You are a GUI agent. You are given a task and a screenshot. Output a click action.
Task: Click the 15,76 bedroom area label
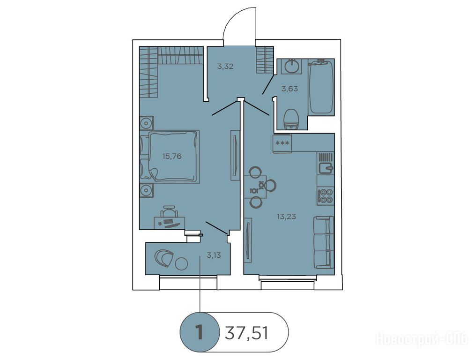point(172,157)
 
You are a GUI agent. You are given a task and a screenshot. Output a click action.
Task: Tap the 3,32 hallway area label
point(225,67)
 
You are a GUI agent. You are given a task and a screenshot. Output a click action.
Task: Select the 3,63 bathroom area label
point(289,89)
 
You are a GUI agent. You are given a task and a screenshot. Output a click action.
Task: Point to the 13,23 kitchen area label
point(286,217)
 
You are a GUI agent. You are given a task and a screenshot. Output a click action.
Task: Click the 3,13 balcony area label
point(214,255)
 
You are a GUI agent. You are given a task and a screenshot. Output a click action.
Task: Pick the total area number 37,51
point(246,333)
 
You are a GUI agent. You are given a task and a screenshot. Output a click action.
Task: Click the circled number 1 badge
point(199,332)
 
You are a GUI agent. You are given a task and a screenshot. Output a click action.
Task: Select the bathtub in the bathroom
point(321,87)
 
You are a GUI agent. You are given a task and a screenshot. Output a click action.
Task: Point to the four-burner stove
point(326,196)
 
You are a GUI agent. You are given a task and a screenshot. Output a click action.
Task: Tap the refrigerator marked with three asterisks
point(282,143)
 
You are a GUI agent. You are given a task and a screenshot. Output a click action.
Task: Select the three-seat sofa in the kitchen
point(324,242)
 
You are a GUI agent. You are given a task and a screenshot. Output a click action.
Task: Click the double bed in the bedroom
point(170,157)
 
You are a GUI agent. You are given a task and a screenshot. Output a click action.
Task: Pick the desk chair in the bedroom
point(169,211)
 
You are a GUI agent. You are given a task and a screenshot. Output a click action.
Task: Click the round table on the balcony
point(182,263)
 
